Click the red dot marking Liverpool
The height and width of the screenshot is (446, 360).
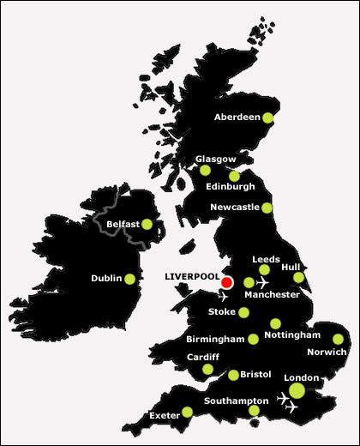[227, 282]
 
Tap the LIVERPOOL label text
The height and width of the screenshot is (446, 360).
[191, 276]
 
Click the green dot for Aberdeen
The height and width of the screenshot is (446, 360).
[268, 118]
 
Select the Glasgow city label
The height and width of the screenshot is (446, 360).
[210, 159]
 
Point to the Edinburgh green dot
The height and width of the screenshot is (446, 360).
[234, 176]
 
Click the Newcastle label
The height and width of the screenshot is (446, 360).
[234, 207]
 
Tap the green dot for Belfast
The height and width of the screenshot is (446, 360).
[147, 225]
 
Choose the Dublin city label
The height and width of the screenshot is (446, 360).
[106, 279]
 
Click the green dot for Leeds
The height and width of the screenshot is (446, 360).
[265, 270]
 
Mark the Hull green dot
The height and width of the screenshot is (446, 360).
[298, 277]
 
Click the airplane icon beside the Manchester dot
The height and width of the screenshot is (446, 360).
[262, 282]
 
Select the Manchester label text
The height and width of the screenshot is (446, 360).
[272, 295]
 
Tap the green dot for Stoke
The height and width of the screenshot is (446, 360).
[243, 312]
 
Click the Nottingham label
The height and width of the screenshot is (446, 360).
[293, 334]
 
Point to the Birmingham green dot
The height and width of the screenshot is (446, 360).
[254, 339]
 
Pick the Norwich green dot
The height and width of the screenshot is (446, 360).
[338, 338]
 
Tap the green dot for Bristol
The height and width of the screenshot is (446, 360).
[234, 375]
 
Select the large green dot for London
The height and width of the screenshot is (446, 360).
[297, 390]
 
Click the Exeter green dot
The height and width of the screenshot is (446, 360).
[188, 413]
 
